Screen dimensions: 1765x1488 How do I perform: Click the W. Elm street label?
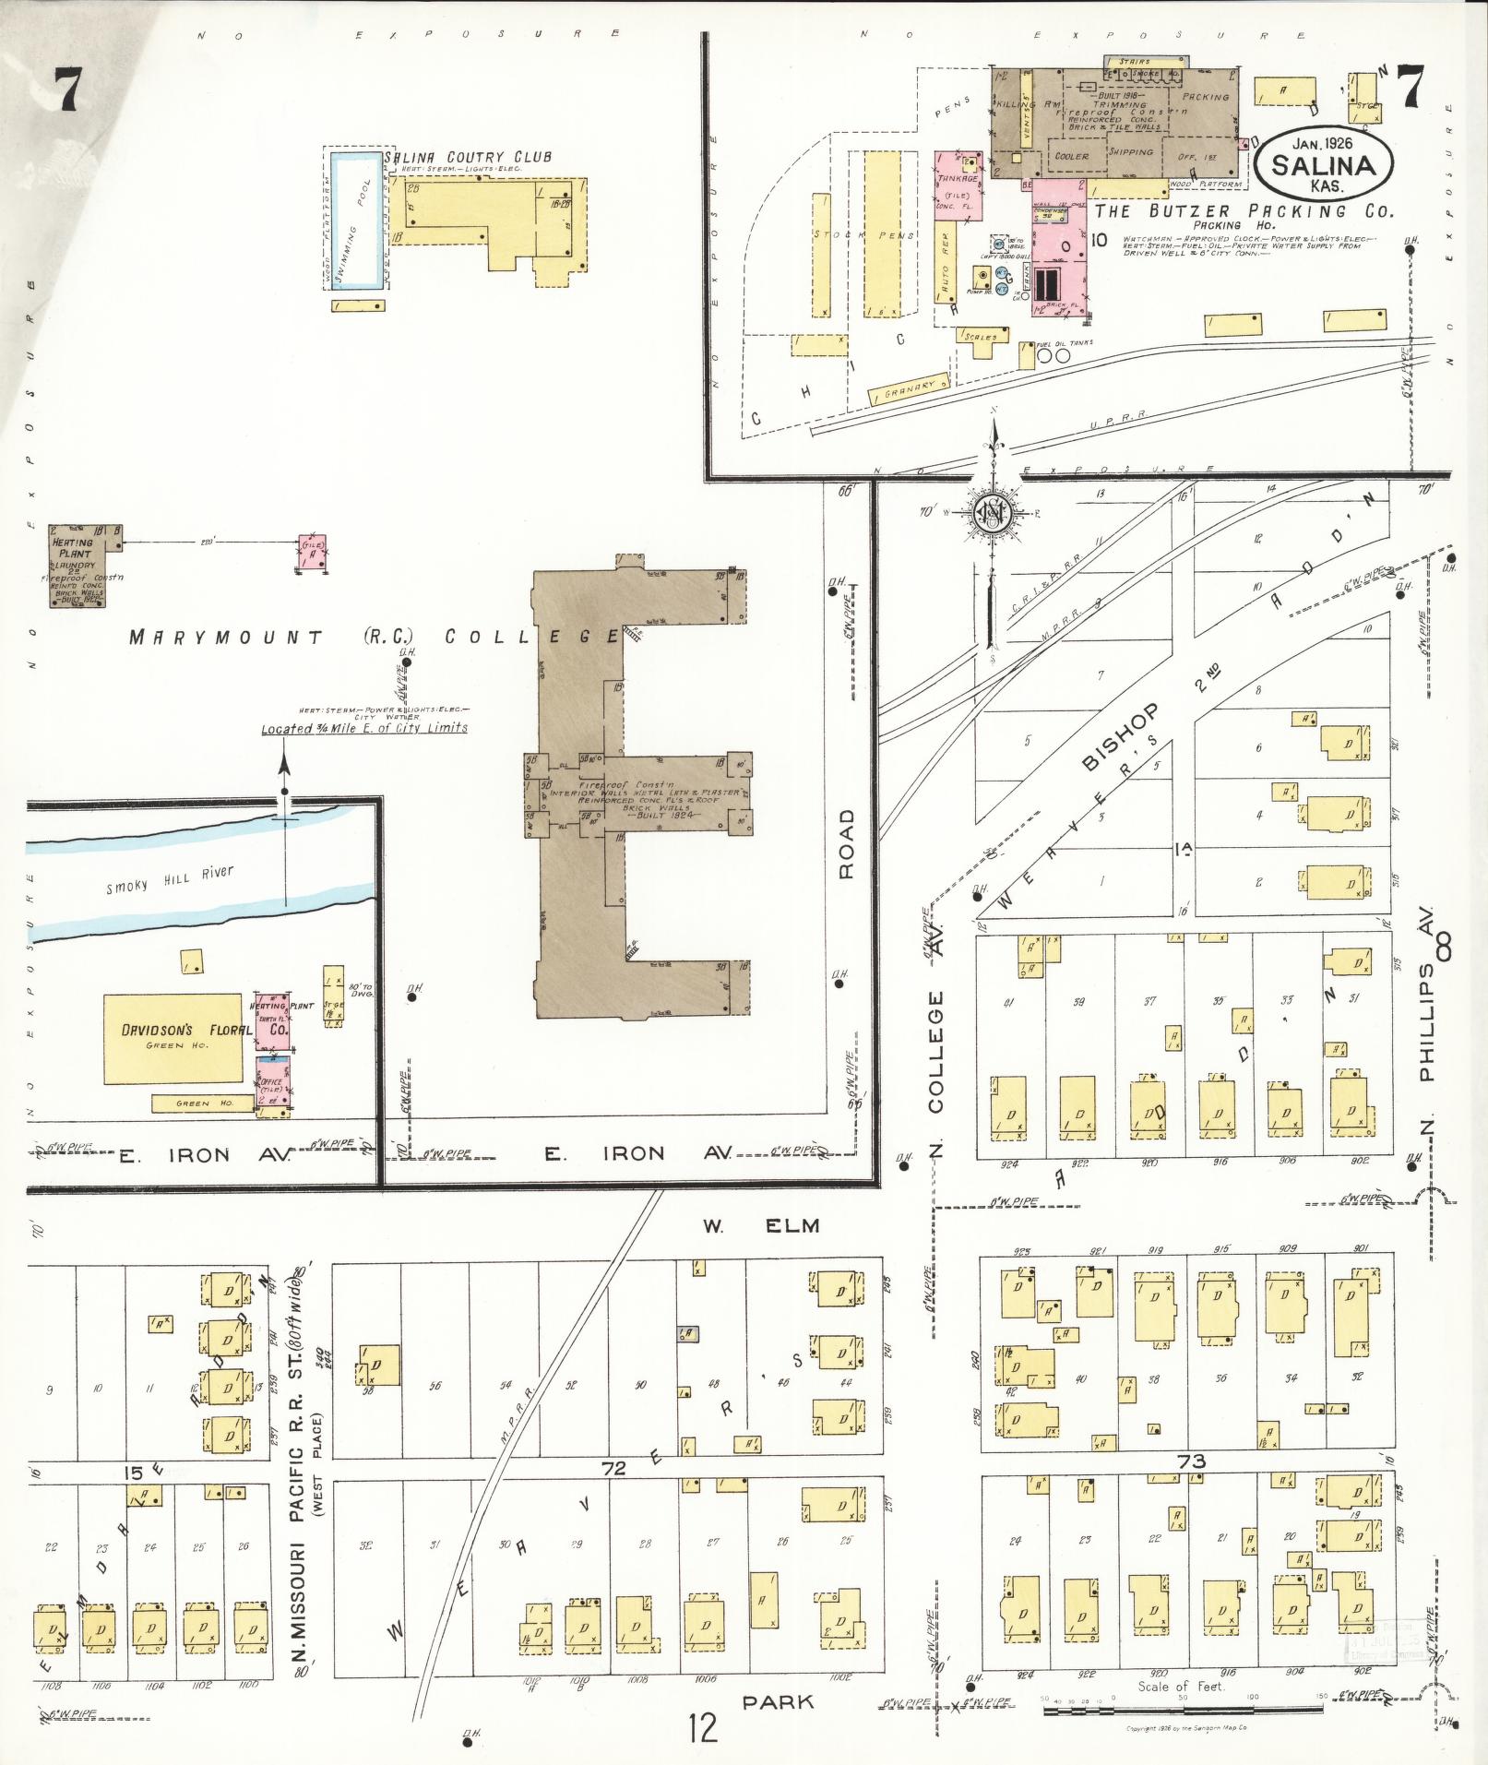click(761, 1225)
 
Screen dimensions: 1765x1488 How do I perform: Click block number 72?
click(613, 1468)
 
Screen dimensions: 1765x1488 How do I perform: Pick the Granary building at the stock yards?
click(909, 391)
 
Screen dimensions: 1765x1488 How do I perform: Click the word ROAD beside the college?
click(847, 843)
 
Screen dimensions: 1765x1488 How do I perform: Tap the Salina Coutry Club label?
click(469, 157)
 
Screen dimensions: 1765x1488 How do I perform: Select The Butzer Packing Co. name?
click(1243, 211)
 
